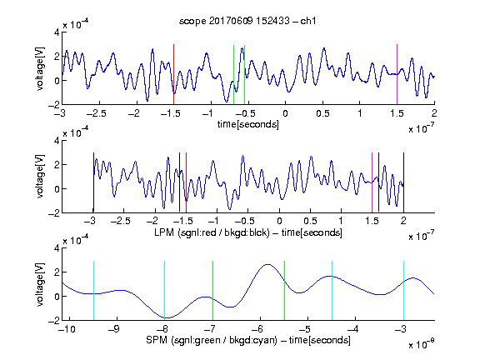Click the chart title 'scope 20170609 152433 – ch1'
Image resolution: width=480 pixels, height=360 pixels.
(x=247, y=21)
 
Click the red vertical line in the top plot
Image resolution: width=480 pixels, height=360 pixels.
(x=173, y=74)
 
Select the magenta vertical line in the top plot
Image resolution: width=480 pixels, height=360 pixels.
(x=397, y=74)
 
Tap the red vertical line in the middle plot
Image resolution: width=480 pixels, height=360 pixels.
(x=186, y=182)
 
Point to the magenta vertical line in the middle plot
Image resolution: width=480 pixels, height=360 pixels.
(x=372, y=182)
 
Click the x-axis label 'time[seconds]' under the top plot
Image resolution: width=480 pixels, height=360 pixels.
(x=248, y=124)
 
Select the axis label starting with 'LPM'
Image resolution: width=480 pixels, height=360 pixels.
(x=248, y=232)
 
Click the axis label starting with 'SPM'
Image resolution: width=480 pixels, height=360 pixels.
(x=248, y=340)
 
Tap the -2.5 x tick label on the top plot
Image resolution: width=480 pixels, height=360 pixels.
(x=96, y=113)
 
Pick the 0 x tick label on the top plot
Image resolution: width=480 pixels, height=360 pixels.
(x=285, y=113)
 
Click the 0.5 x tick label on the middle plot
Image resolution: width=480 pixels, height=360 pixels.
(x=310, y=221)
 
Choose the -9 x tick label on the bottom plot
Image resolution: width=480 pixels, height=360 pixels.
(x=114, y=329)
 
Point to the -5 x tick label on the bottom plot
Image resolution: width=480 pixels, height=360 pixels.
(x=305, y=329)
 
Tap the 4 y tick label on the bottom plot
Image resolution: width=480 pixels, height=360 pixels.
(x=57, y=248)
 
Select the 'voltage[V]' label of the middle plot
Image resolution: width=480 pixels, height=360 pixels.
(x=40, y=177)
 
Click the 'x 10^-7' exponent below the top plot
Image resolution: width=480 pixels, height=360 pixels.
(x=422, y=128)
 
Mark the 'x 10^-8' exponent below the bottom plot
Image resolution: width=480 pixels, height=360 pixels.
(x=422, y=344)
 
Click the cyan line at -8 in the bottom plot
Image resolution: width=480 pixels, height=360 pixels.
(x=165, y=291)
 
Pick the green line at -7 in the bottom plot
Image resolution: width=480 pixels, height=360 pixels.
(x=212, y=291)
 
